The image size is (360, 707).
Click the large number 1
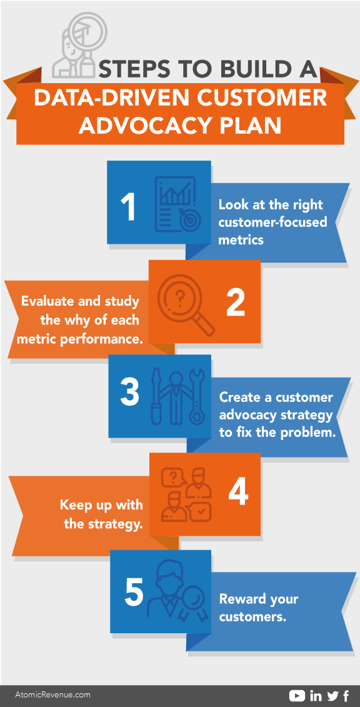coord(129,208)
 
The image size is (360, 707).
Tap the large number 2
coord(236,302)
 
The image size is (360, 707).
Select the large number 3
coord(130,391)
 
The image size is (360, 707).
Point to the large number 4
coord(238,490)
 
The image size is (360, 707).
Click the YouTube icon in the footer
coord(297,696)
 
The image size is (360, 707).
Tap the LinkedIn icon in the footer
coord(316,696)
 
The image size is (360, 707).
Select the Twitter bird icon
coord(333,696)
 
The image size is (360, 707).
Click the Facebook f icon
coord(346,696)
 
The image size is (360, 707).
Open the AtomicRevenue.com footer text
coord(52,695)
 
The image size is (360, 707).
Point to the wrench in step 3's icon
coord(197,397)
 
